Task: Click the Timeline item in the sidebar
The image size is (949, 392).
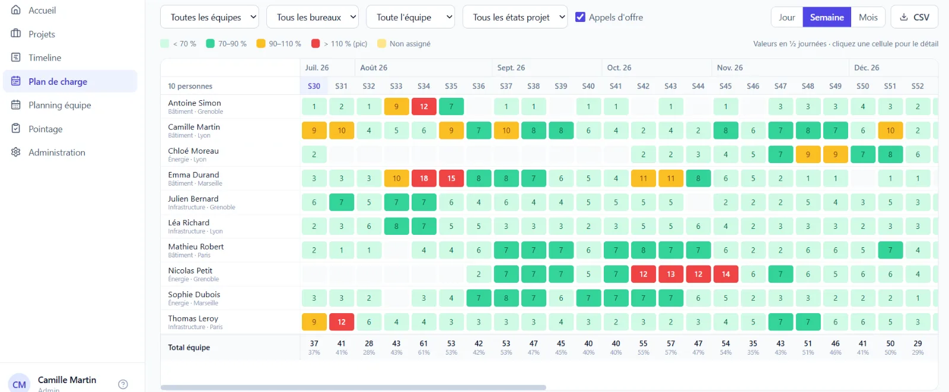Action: tap(44, 58)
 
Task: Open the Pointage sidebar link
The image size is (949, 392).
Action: tap(45, 129)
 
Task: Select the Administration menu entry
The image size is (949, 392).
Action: tap(57, 152)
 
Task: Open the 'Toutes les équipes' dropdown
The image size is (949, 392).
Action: tap(209, 17)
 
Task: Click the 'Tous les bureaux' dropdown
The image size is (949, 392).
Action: tap(312, 17)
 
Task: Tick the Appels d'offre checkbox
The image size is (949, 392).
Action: tap(580, 17)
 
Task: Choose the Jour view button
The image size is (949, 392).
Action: tap(786, 17)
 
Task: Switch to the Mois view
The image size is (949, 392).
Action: tap(868, 17)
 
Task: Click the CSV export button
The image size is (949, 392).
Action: tap(915, 17)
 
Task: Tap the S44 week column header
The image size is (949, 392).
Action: tap(698, 86)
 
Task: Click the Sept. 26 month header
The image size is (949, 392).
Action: tap(511, 68)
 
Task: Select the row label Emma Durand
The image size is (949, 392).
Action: tap(193, 174)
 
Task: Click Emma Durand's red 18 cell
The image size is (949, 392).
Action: tap(423, 179)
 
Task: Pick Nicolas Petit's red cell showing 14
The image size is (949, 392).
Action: tap(726, 274)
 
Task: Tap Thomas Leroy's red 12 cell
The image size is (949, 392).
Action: tap(342, 322)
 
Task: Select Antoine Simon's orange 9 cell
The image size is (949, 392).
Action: tap(396, 106)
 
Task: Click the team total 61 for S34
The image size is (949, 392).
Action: tap(423, 344)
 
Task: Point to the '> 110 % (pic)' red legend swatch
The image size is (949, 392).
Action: tap(315, 44)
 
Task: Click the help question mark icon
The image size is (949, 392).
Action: tap(123, 384)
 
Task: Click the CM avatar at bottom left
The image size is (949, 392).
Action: tap(19, 384)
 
